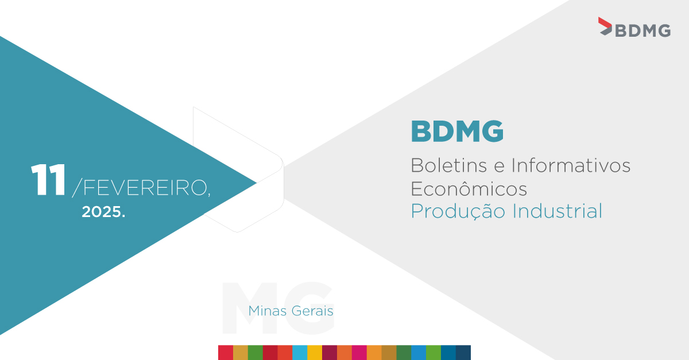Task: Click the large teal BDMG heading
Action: tap(457, 131)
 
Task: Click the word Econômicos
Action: tap(469, 188)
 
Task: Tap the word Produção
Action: tap(458, 211)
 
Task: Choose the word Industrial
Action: tap(557, 211)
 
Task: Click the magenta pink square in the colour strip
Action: tap(359, 353)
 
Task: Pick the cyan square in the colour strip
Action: tap(300, 353)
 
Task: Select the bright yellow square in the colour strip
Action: tap(315, 353)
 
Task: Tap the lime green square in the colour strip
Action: tap(433, 353)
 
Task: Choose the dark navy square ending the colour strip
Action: tap(463, 353)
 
